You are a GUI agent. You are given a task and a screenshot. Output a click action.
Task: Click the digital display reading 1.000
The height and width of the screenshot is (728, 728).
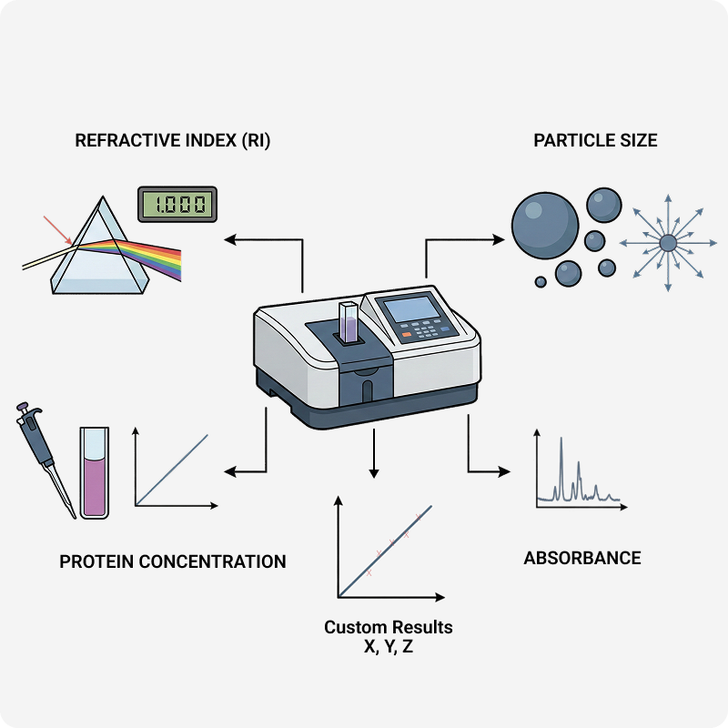(177, 204)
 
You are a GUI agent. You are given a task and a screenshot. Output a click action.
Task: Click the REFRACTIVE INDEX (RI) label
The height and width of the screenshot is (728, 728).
(173, 141)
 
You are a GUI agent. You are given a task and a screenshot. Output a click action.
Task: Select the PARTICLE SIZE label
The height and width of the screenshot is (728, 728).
(595, 141)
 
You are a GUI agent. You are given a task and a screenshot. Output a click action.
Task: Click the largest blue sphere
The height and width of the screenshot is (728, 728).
(545, 223)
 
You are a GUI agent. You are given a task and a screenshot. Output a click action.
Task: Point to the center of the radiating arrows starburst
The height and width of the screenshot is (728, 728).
(668, 242)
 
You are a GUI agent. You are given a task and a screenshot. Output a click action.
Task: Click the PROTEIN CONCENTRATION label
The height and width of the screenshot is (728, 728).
(173, 561)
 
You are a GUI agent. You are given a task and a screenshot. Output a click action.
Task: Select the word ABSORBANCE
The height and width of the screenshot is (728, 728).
(582, 558)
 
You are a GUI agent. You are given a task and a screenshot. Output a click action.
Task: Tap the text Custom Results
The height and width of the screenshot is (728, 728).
(389, 628)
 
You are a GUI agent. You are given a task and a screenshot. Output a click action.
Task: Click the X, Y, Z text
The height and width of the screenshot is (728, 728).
(389, 647)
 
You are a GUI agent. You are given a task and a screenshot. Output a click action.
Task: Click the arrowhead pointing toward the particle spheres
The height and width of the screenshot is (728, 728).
(499, 239)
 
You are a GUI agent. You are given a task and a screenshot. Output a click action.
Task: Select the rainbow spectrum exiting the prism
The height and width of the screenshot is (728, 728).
(150, 255)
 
